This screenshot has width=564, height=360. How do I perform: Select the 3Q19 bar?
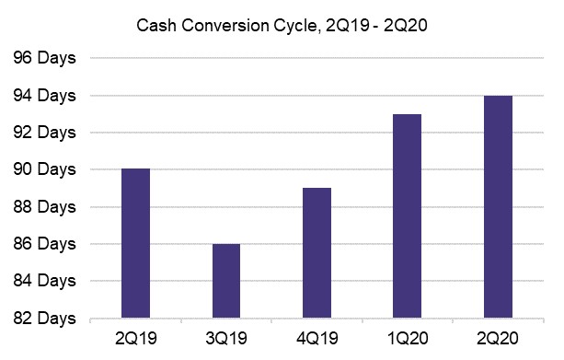(x=225, y=281)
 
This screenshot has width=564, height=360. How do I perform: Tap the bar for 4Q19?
(x=317, y=252)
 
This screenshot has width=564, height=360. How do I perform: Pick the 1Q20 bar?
(x=407, y=215)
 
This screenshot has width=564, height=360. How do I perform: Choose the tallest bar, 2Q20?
(x=497, y=206)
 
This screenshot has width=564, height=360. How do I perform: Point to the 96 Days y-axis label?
(x=45, y=58)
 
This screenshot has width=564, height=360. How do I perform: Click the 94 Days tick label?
(x=45, y=96)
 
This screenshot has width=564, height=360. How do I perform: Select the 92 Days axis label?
(x=45, y=133)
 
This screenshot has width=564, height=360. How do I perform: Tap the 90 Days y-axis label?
(x=45, y=169)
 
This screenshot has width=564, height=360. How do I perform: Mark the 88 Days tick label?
(x=45, y=207)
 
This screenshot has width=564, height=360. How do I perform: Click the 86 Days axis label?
(x=45, y=244)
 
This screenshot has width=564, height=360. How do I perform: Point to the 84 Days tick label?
(x=45, y=281)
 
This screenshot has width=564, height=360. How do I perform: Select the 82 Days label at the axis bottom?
(x=45, y=319)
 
